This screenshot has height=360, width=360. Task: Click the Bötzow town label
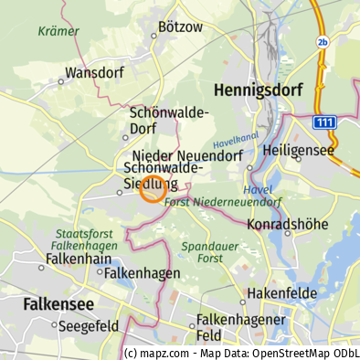pos(180,27)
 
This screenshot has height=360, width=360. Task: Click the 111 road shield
pos(323,122)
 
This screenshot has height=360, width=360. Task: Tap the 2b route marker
pos(322,42)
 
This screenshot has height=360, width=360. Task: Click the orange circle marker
pos(153,190)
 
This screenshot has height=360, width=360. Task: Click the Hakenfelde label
pos(282,293)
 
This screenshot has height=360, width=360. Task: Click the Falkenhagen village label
pos(142,273)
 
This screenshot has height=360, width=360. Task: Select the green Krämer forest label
pos(58,31)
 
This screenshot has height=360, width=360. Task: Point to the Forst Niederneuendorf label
pos(223,201)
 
